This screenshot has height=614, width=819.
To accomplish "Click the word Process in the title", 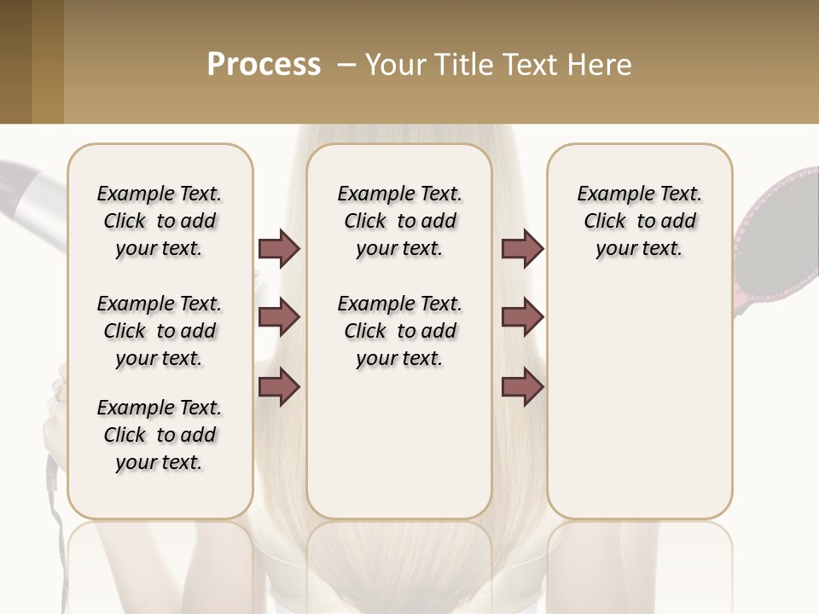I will tap(264, 65).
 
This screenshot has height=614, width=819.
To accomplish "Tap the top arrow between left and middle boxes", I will tap(279, 248).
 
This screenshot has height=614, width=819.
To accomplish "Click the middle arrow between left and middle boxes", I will tap(279, 318).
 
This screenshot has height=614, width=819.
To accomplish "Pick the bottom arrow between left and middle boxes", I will tap(279, 386).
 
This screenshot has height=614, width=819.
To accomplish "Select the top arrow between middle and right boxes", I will tap(522, 248).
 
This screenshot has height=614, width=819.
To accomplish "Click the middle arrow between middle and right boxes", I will tap(522, 318).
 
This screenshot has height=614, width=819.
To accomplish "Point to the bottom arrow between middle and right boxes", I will tap(522, 386).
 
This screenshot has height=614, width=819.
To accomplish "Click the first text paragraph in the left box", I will tap(160, 221).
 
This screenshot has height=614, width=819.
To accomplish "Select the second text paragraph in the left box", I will tap(160, 331).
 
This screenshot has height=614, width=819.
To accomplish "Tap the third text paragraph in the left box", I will tap(160, 435).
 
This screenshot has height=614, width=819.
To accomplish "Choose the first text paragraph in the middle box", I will tap(399, 221).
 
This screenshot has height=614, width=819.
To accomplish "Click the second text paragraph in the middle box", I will tap(399, 331).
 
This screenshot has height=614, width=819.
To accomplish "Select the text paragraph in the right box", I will tap(639, 221).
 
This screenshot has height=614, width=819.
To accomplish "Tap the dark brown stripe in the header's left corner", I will tap(15, 61).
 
